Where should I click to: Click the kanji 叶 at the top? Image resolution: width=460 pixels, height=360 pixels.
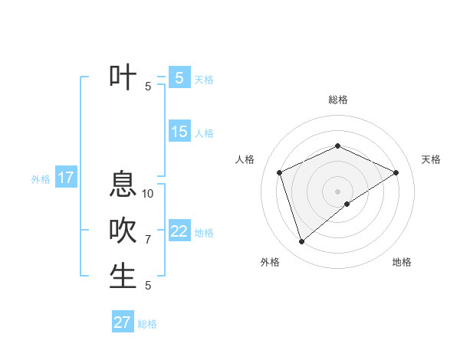123,77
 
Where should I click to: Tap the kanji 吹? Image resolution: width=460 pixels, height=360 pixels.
123,231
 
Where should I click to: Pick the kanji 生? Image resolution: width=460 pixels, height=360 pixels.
123,277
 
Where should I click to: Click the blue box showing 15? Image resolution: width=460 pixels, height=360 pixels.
179,132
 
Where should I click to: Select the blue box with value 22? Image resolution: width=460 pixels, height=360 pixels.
179,231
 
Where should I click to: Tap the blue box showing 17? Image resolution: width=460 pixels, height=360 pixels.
65,178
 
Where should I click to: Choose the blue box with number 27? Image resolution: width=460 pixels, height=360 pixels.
123,322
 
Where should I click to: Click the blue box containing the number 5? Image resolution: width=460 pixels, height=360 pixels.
179,77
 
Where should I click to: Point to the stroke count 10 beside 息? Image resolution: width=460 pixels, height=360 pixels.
148,193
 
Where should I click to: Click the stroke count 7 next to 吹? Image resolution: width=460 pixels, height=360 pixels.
148,240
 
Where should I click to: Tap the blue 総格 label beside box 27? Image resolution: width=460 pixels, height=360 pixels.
147,324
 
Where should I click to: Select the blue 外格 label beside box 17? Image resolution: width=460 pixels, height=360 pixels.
41,179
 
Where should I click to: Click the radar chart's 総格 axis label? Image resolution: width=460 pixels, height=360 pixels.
337,100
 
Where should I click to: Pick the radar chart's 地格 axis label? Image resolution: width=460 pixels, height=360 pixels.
402,262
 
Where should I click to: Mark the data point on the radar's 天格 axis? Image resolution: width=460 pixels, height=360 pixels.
396,172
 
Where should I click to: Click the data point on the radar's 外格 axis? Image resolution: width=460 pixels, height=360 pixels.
301,242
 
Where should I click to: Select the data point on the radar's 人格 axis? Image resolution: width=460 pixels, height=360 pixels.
280,172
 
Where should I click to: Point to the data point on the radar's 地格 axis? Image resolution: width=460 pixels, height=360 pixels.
347,204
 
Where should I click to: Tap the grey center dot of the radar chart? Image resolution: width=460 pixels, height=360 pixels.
337,191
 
